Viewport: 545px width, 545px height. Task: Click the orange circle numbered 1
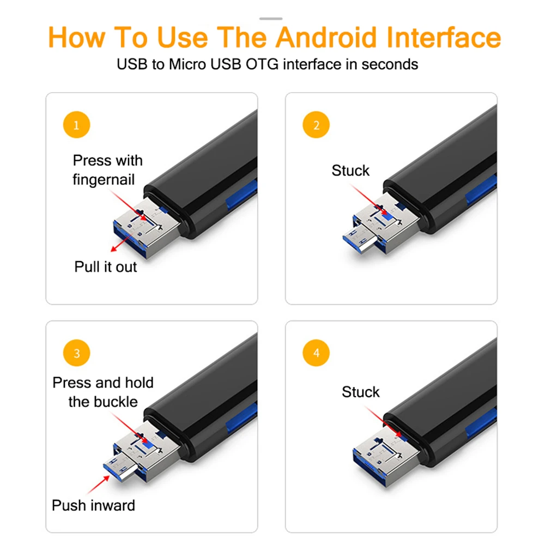coord(76,125)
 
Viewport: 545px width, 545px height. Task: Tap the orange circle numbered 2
coord(316,125)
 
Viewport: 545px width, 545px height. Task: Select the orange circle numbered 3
coord(76,353)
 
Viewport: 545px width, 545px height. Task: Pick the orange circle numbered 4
coord(316,353)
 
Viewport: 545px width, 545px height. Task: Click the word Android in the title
coord(326,37)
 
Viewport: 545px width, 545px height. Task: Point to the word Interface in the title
coord(444,37)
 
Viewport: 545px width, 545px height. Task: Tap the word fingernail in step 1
coord(104,180)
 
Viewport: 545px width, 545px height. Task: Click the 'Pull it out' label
coord(106,267)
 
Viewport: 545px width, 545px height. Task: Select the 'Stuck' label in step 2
coord(350,171)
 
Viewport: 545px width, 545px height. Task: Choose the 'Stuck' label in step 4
coord(361,392)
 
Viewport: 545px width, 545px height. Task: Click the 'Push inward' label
coord(93,505)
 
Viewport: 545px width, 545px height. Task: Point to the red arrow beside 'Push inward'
coord(99,484)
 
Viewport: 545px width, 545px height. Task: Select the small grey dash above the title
coord(271,19)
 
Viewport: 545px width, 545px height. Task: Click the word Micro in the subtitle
coord(187,64)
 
